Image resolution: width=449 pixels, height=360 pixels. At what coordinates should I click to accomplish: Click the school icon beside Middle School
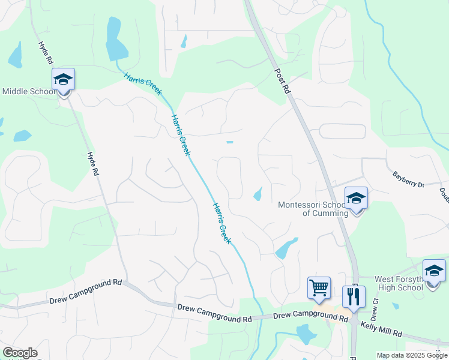(x=63, y=80)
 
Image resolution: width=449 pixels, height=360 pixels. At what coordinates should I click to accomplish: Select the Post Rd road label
(x=282, y=80)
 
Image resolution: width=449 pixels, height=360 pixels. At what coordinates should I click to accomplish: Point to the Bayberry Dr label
(x=408, y=179)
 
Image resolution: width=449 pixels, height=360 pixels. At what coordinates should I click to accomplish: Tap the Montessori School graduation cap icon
(x=356, y=199)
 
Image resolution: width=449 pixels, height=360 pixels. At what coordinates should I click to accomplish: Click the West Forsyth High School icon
(x=434, y=271)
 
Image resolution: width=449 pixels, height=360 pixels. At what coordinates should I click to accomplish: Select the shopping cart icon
(x=319, y=287)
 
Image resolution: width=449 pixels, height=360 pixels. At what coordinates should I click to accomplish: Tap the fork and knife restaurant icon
(x=354, y=296)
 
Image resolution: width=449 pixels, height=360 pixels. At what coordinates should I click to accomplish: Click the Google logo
(x=20, y=353)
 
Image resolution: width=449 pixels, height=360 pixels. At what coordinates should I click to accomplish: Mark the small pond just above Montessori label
(x=258, y=194)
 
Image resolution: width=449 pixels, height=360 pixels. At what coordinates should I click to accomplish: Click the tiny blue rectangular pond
(x=229, y=142)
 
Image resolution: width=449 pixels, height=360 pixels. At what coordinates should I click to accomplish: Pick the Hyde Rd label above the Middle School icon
(x=45, y=53)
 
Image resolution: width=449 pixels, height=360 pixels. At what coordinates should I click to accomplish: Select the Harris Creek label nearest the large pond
(x=143, y=84)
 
